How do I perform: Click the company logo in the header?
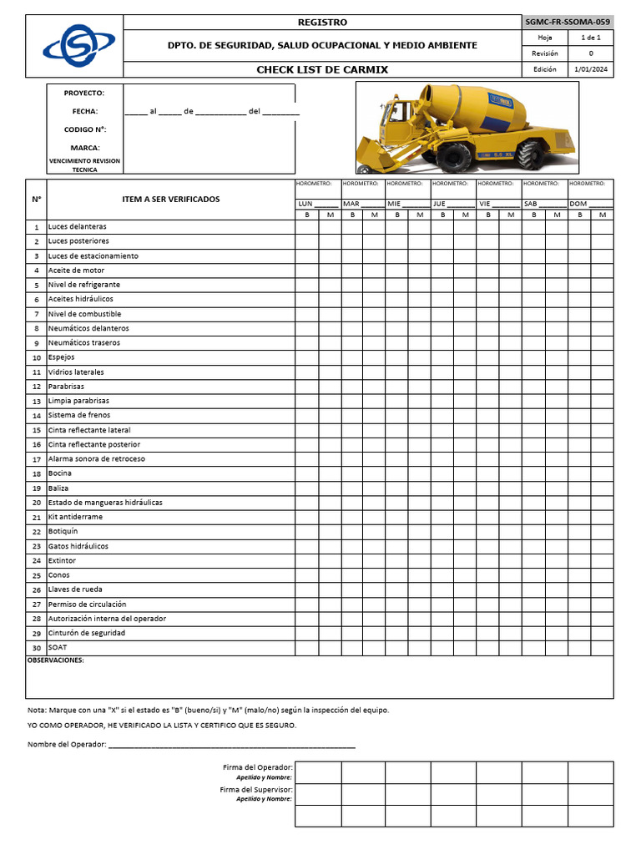point(74,45)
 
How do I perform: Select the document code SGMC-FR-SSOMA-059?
point(568,22)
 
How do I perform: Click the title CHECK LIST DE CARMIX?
point(322,69)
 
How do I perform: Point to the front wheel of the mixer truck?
point(455,156)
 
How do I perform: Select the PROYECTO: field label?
point(84,93)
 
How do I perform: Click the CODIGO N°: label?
point(84,129)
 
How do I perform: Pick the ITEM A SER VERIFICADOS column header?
point(171,199)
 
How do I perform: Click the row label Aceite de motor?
point(76,271)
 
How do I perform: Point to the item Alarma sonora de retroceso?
point(96,459)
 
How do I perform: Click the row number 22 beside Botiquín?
point(36,532)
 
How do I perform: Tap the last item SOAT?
point(58,647)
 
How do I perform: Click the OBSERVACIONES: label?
point(56,660)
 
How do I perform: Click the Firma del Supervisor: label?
point(256,789)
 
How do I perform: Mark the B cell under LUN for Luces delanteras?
point(306,227)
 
